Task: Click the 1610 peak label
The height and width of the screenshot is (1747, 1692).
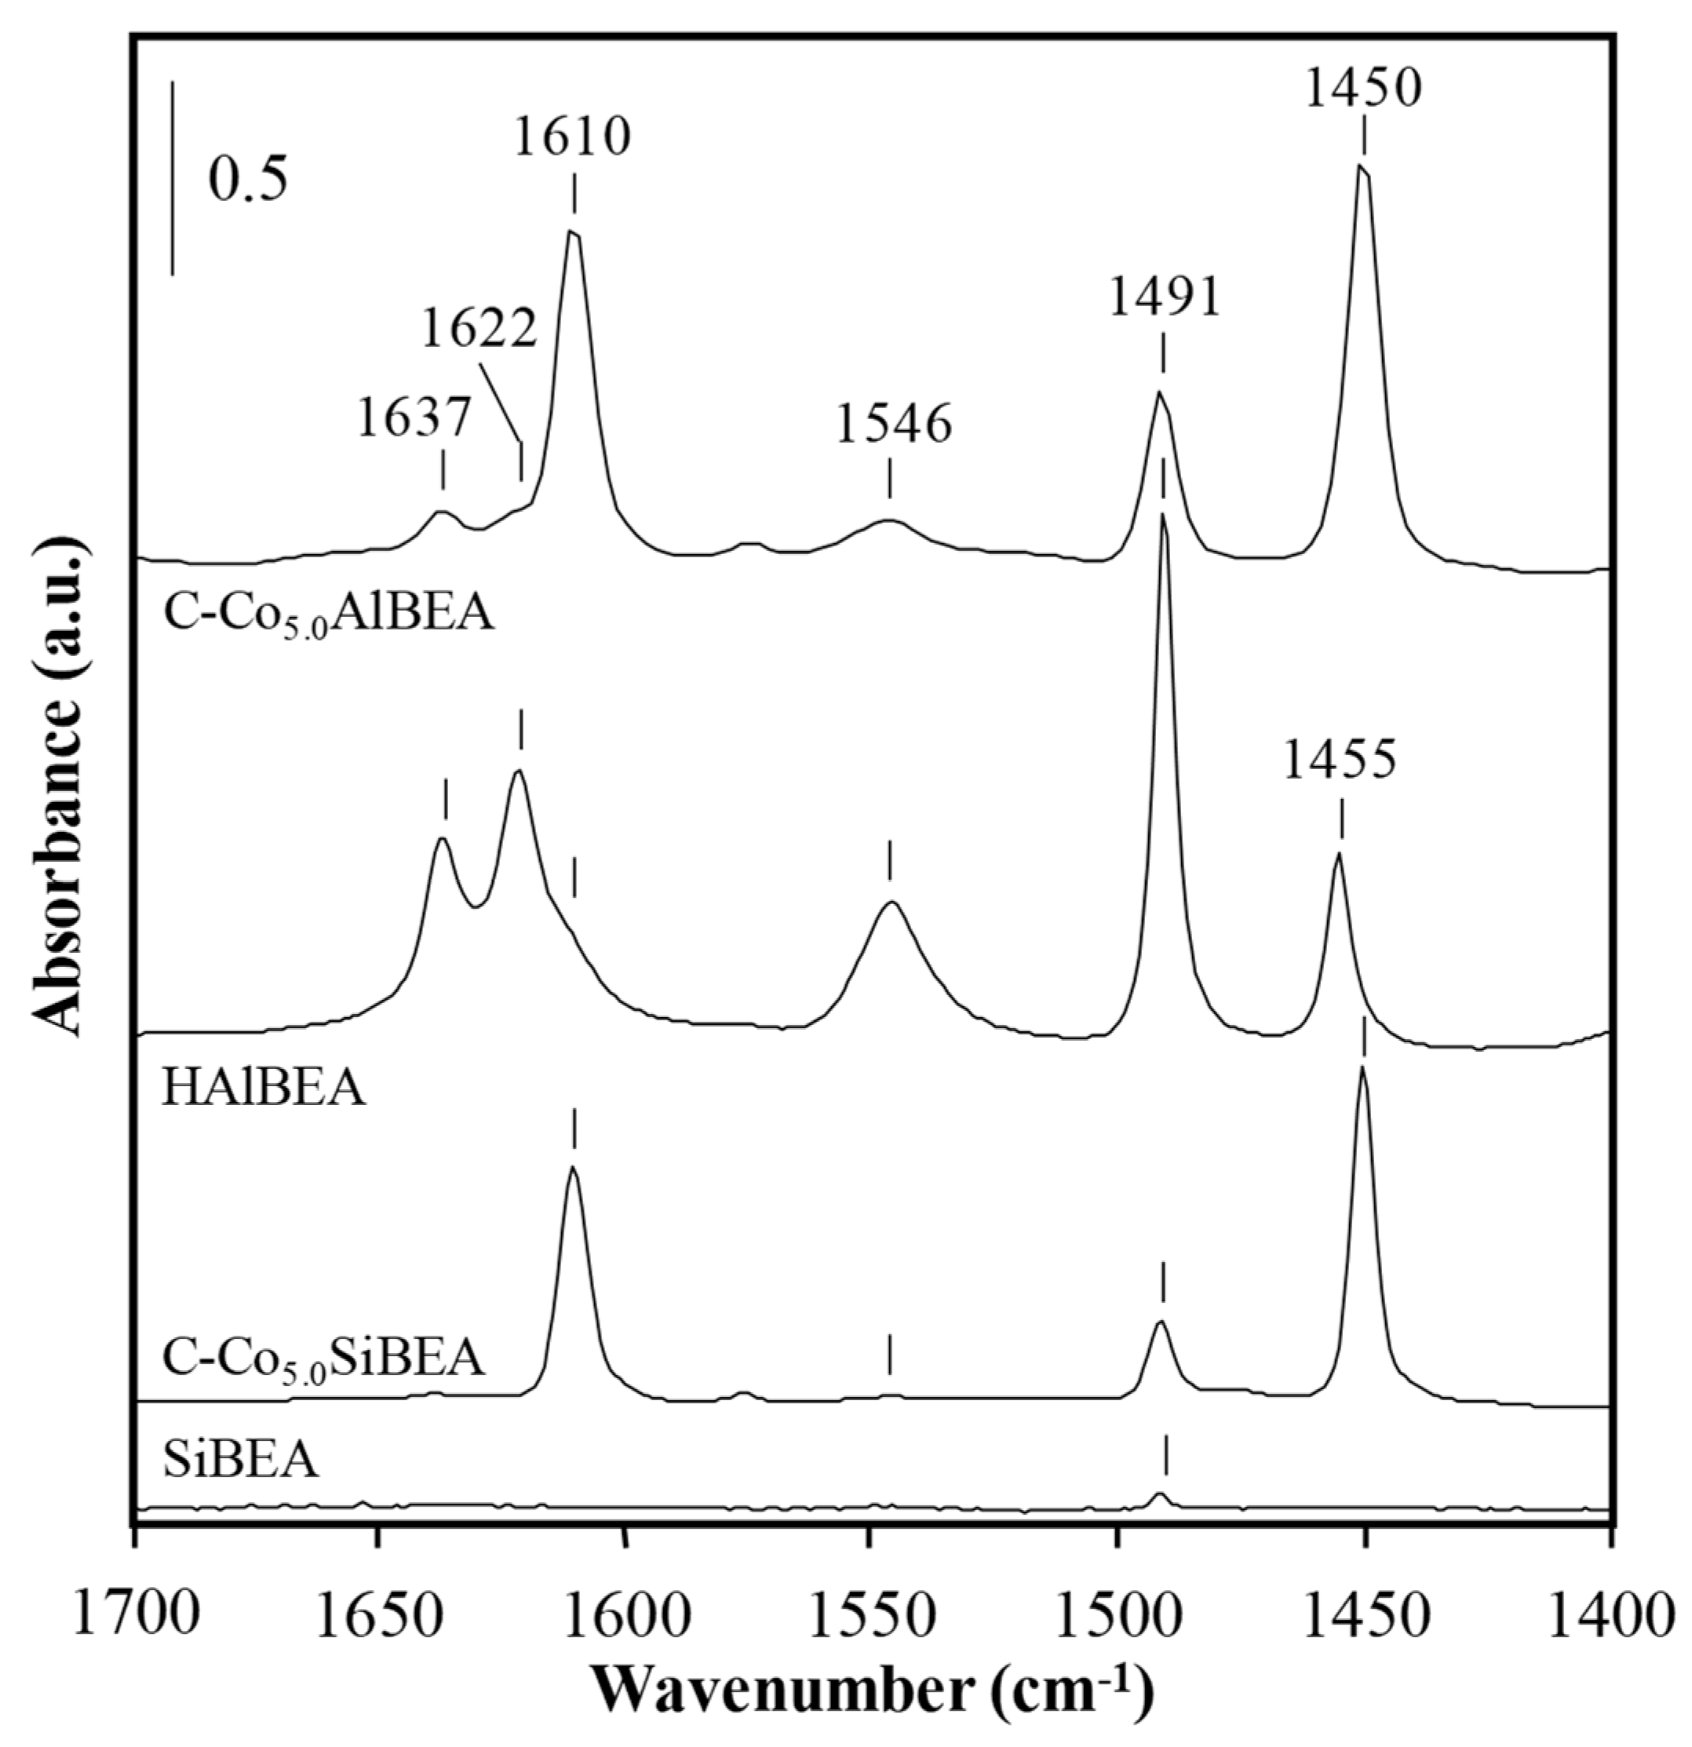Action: (x=572, y=137)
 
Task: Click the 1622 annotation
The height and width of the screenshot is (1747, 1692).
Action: (x=480, y=329)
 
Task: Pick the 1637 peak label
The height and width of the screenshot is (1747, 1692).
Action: (x=413, y=418)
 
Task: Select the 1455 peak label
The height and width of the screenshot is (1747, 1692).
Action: (x=1339, y=761)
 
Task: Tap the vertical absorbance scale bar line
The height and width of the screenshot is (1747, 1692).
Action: (x=172, y=178)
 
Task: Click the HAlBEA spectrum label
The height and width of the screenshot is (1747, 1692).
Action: (x=263, y=1089)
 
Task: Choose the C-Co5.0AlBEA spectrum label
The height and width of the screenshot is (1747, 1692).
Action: (x=328, y=615)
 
